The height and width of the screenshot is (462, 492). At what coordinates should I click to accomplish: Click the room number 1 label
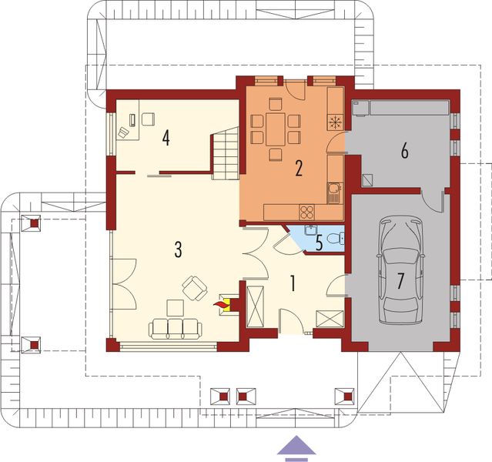point(293,283)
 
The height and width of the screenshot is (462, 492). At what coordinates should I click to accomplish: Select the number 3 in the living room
point(178,249)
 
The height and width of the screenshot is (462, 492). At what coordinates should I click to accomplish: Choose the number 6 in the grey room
point(404,151)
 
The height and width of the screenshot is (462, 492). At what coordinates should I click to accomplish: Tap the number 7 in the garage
point(400,280)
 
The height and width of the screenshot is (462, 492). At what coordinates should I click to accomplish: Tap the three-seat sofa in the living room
point(176,329)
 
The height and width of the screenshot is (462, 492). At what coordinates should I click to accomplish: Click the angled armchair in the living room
point(194,288)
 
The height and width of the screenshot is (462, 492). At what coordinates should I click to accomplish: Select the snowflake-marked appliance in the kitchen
point(334,121)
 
